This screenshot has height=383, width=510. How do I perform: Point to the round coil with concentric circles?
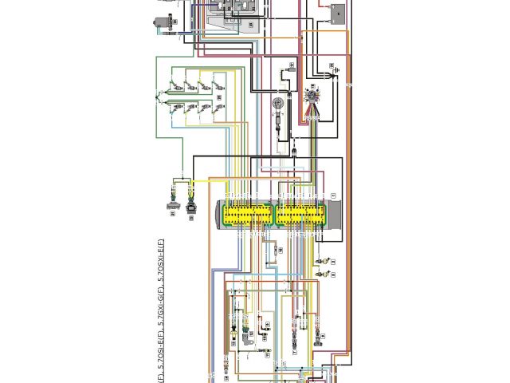point(278,104)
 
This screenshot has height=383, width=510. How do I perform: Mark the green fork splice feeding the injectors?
point(160,96)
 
